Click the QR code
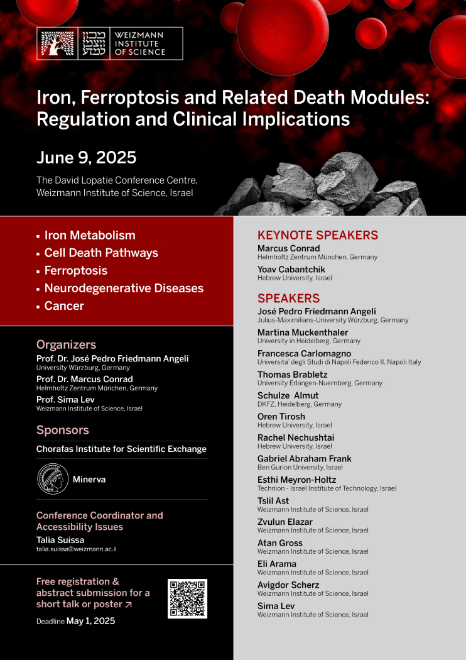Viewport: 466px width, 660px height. [x=187, y=598]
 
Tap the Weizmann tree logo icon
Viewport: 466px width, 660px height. [x=57, y=43]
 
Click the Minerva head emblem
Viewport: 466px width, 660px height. [x=52, y=480]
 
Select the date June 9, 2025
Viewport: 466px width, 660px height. [x=86, y=157]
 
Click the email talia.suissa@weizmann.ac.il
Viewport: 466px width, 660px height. [x=77, y=549]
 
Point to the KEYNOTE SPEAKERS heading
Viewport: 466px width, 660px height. [x=317, y=236]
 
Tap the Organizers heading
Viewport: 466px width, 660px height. [x=66, y=344]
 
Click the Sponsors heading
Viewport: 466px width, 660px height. [x=63, y=430]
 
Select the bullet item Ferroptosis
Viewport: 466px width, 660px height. [x=75, y=270]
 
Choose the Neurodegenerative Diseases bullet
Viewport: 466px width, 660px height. [x=124, y=288]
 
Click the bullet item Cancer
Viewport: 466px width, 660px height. [x=64, y=305]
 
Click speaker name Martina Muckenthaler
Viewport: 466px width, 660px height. [x=303, y=332]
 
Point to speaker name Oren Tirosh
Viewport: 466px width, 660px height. [x=281, y=416]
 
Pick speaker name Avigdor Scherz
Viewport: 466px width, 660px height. [x=288, y=585]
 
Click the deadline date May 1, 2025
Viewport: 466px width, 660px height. [x=90, y=621]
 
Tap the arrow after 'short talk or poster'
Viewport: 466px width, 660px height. [x=129, y=605]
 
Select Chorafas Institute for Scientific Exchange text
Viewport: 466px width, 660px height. [x=121, y=449]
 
